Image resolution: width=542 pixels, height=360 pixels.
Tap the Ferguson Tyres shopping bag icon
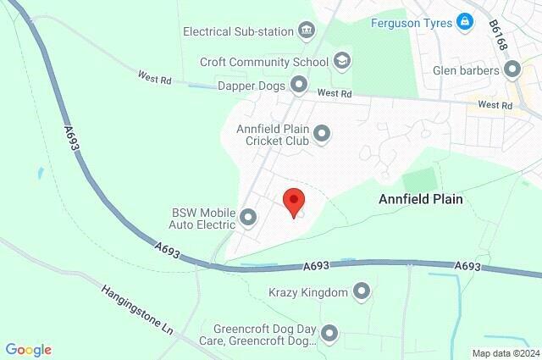pos(463,20)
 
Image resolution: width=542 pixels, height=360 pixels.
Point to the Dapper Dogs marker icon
pos(298,84)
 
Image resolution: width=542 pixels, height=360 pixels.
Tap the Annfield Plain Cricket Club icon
pos(321,133)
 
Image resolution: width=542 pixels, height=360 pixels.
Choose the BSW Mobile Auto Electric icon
pos(248,218)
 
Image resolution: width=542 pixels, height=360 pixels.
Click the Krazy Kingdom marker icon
pos(362,293)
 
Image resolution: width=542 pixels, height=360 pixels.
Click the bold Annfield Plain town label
pos(423,198)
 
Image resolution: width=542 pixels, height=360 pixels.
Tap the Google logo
pos(28,350)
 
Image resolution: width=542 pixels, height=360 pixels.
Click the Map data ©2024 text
pos(505,353)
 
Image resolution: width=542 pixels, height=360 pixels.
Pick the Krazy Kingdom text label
pos(308,293)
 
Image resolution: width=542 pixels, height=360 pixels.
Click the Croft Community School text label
pos(263,61)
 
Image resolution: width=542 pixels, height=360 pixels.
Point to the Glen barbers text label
pos(466,71)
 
